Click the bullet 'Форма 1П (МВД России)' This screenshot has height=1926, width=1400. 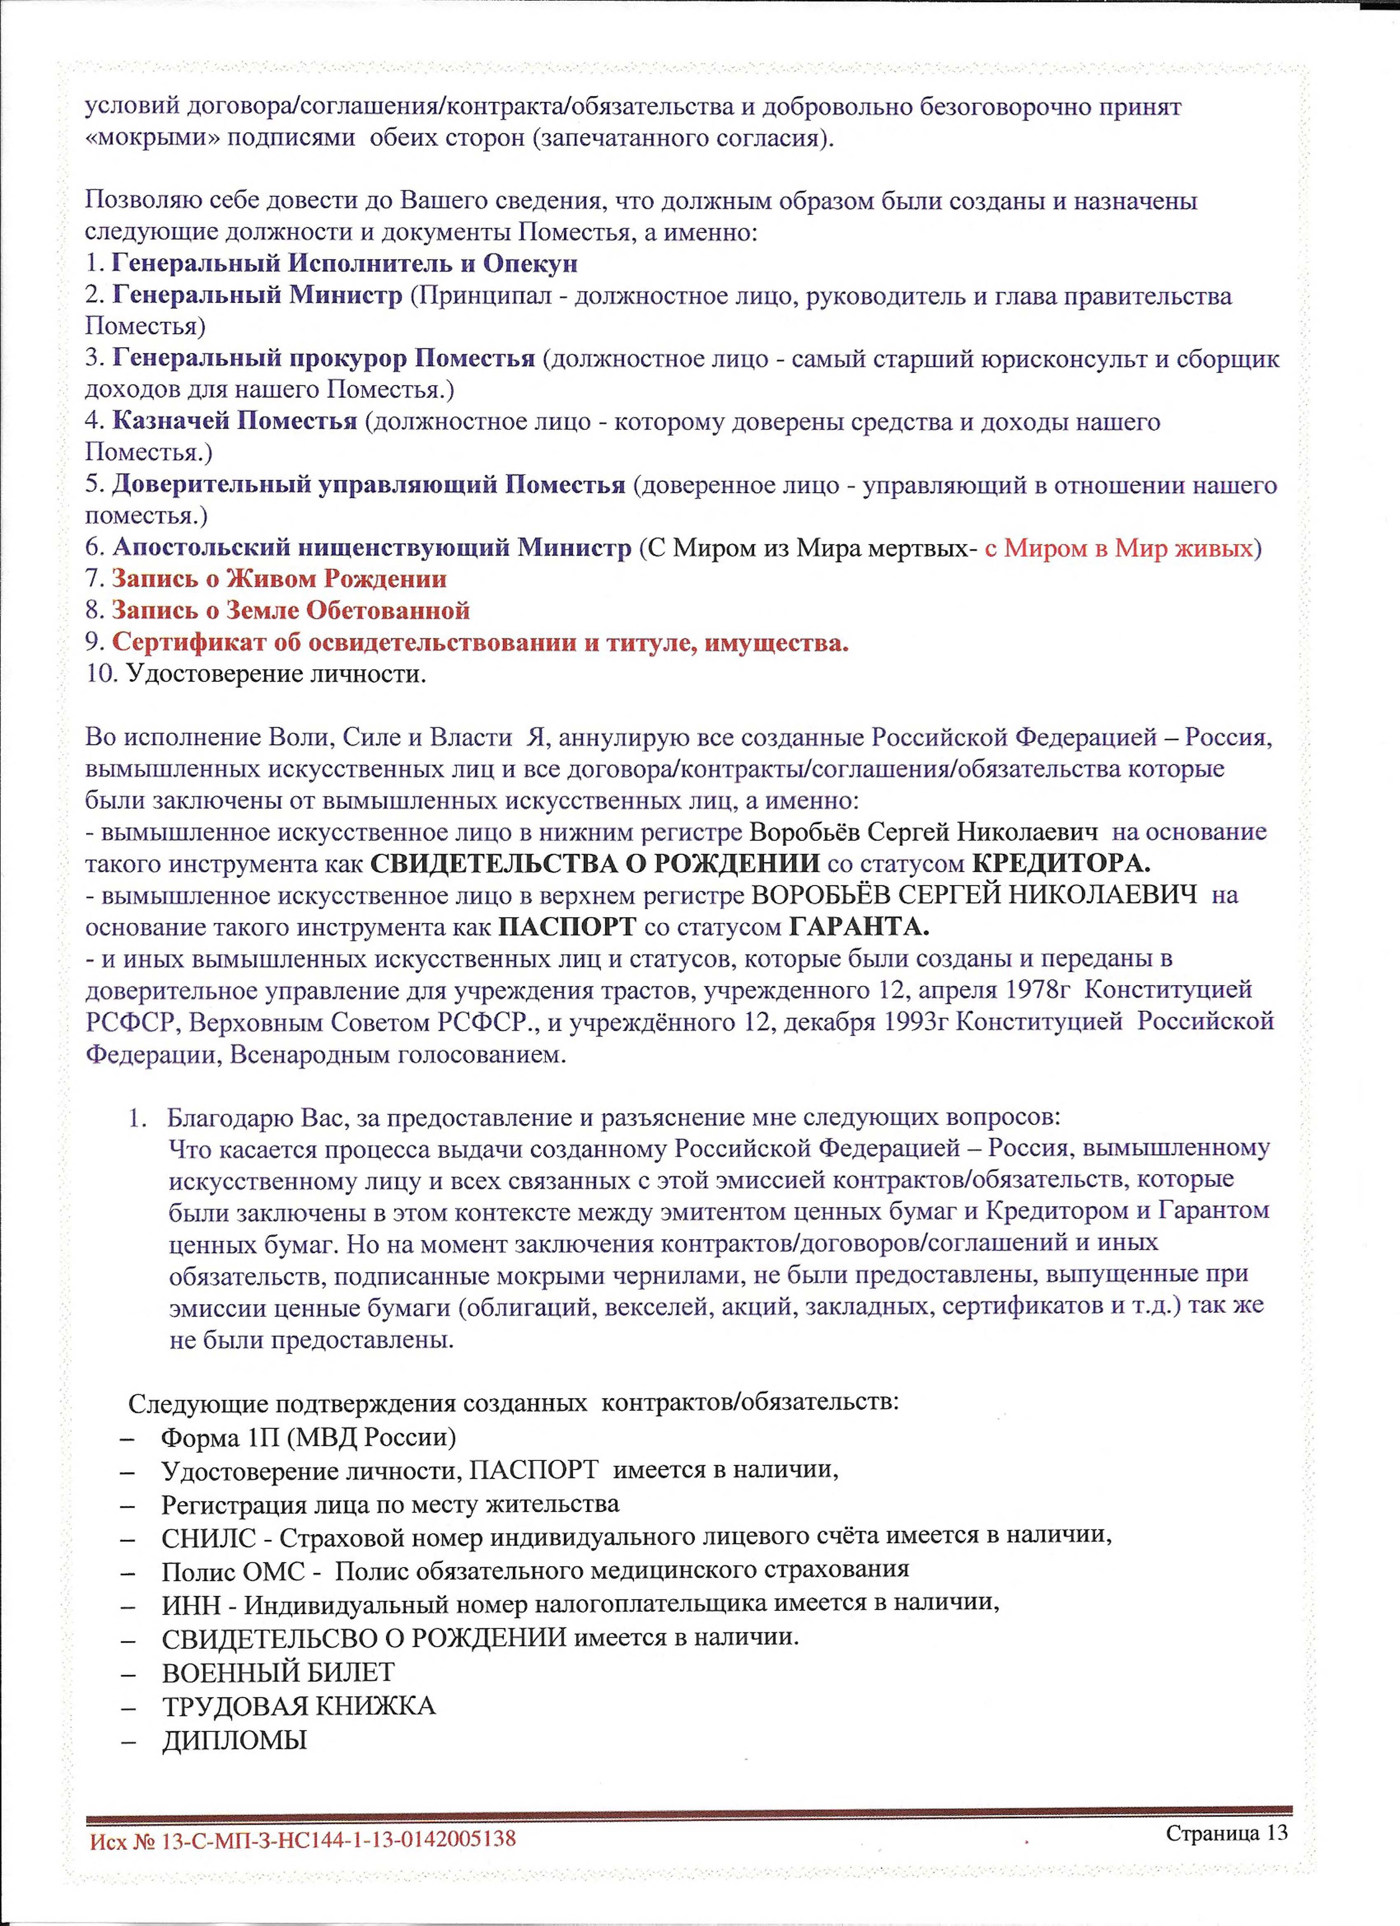click(308, 1414)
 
